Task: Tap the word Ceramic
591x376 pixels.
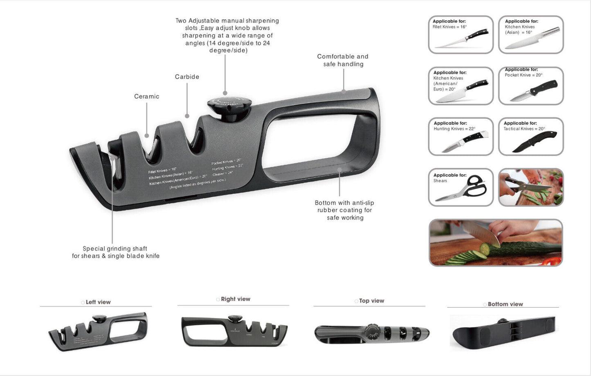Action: (146, 97)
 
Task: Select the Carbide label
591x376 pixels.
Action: (187, 77)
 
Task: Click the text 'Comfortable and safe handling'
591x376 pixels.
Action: (343, 60)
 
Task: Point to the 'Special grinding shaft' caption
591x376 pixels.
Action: (115, 252)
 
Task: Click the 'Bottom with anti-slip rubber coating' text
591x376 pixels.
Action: (344, 210)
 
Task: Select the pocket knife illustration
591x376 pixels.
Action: (533, 91)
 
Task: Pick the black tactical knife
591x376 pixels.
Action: (534, 142)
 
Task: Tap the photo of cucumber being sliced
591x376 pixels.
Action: (495, 242)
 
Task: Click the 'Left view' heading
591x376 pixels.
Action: (98, 302)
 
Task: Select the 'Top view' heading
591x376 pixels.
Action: (371, 301)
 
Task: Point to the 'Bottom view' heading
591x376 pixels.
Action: (505, 304)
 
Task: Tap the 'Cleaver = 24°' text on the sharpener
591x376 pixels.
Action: (222, 173)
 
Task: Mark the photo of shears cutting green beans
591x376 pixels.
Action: (531, 187)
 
